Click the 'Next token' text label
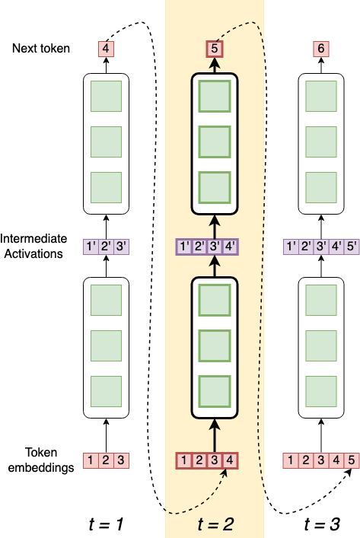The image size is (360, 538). pyautogui.click(x=42, y=49)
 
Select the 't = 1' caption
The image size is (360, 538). pyautogui.click(x=107, y=524)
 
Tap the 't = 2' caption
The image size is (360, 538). pyautogui.click(x=214, y=524)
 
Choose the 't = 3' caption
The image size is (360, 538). pyautogui.click(x=321, y=524)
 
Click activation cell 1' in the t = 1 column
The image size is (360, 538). pyautogui.click(x=91, y=247)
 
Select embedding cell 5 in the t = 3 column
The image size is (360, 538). pyautogui.click(x=350, y=460)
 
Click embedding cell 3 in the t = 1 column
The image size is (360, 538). pyautogui.click(x=122, y=460)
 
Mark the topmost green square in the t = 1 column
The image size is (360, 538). pyautogui.click(x=107, y=95)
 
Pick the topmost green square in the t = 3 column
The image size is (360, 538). pyautogui.click(x=321, y=95)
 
